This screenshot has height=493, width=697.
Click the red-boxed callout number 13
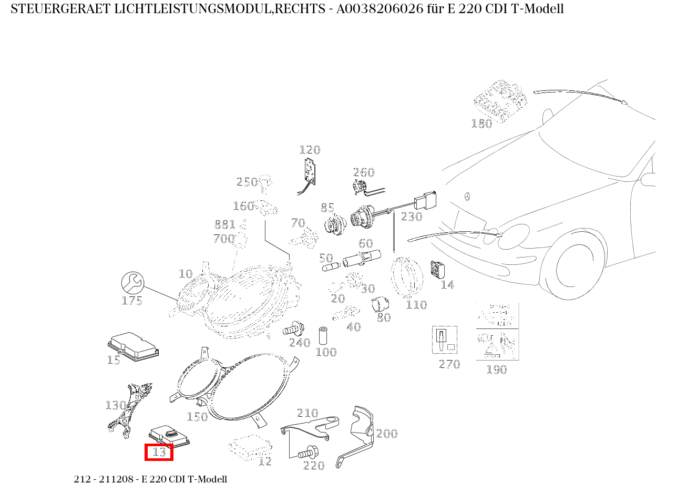pyautogui.click(x=159, y=452)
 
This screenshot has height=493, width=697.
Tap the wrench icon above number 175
pyautogui.click(x=132, y=283)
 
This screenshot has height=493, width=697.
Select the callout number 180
pyautogui.click(x=481, y=124)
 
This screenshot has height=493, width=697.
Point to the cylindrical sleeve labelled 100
pyautogui.click(x=323, y=335)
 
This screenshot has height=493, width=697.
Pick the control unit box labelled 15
pyautogui.click(x=133, y=345)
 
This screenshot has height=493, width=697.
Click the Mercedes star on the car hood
pyautogui.click(x=466, y=197)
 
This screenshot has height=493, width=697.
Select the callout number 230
pyautogui.click(x=412, y=217)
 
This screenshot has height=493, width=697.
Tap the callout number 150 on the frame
pyautogui.click(x=197, y=417)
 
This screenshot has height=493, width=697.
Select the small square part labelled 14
pyautogui.click(x=437, y=270)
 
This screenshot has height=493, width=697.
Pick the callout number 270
pyautogui.click(x=449, y=364)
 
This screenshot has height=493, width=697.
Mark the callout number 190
pyautogui.click(x=496, y=369)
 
